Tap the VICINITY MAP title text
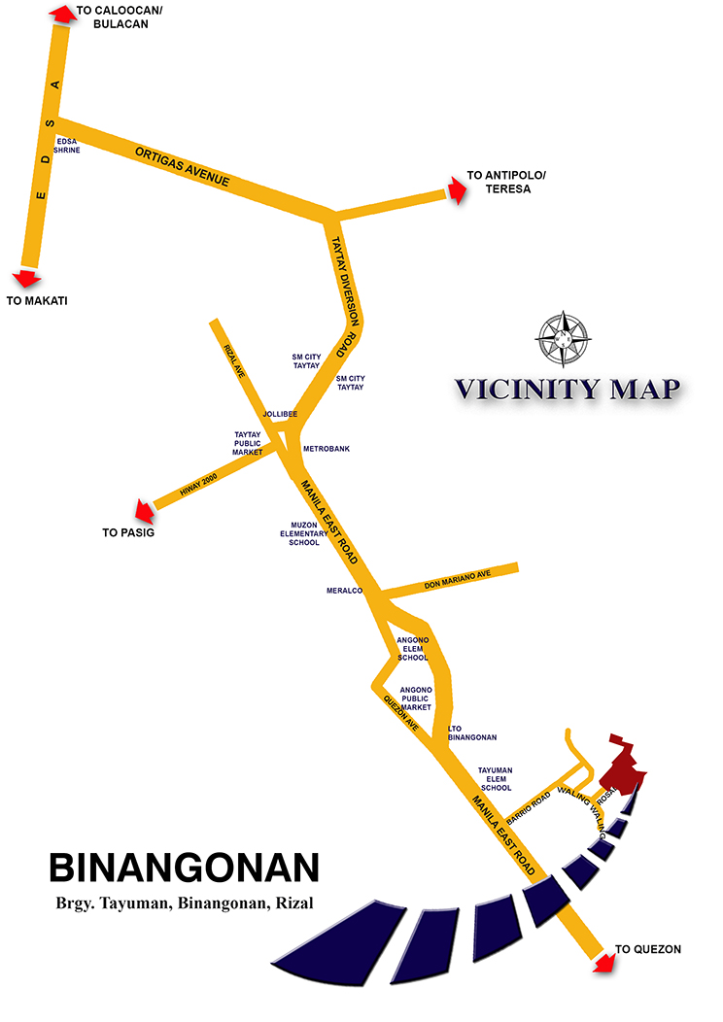point(568,390)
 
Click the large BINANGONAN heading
point(184,868)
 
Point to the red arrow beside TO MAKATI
point(25,277)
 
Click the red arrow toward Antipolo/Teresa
point(454,188)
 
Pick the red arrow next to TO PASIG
point(144,509)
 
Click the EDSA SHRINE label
point(68,146)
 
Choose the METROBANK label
point(327,449)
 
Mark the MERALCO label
point(344,591)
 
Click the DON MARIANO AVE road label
point(459,580)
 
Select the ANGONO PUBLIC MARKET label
point(416,698)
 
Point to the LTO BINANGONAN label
point(472,733)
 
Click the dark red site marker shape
point(621,763)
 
